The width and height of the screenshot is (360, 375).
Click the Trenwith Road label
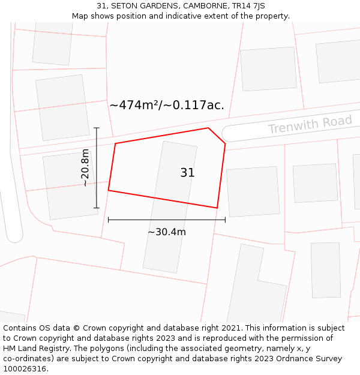pyautogui.click(x=310, y=125)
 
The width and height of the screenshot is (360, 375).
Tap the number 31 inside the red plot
pyautogui.click(x=187, y=173)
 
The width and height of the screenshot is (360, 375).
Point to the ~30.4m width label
pyautogui.click(x=167, y=232)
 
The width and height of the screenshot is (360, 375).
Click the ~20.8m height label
pyautogui.click(x=85, y=168)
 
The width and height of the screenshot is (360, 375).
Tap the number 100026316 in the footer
pyautogui.click(x=25, y=369)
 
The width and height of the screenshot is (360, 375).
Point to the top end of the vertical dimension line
pyautogui.click(x=97, y=128)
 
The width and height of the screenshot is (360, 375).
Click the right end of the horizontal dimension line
pyautogui.click(x=225, y=220)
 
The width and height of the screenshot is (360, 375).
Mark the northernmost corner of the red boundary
pyautogui.click(x=208, y=128)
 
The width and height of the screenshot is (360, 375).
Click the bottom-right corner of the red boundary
pyautogui.click(x=217, y=208)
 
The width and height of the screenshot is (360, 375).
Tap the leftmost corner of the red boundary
pyautogui.click(x=109, y=190)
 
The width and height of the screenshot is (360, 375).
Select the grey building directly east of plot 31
pyautogui.click(x=253, y=191)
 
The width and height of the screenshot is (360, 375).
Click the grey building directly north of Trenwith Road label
pyautogui.click(x=338, y=61)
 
